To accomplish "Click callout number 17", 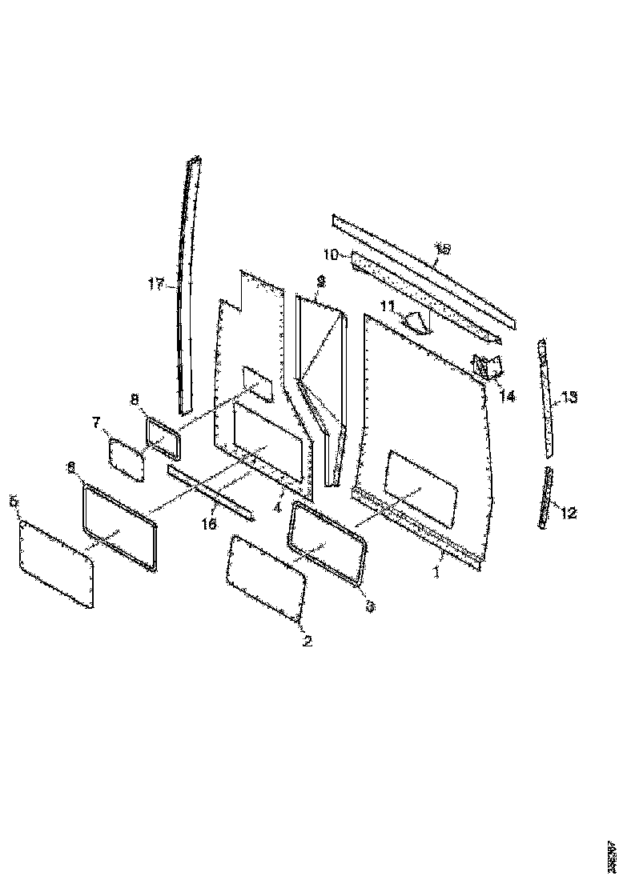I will [x=155, y=283].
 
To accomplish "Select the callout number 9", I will [x=320, y=281].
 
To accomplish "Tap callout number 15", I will [x=441, y=249].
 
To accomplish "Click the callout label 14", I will [x=508, y=395].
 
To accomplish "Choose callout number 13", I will [x=569, y=397].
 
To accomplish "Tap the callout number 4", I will [x=277, y=507].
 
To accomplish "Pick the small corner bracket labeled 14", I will [x=487, y=366].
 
